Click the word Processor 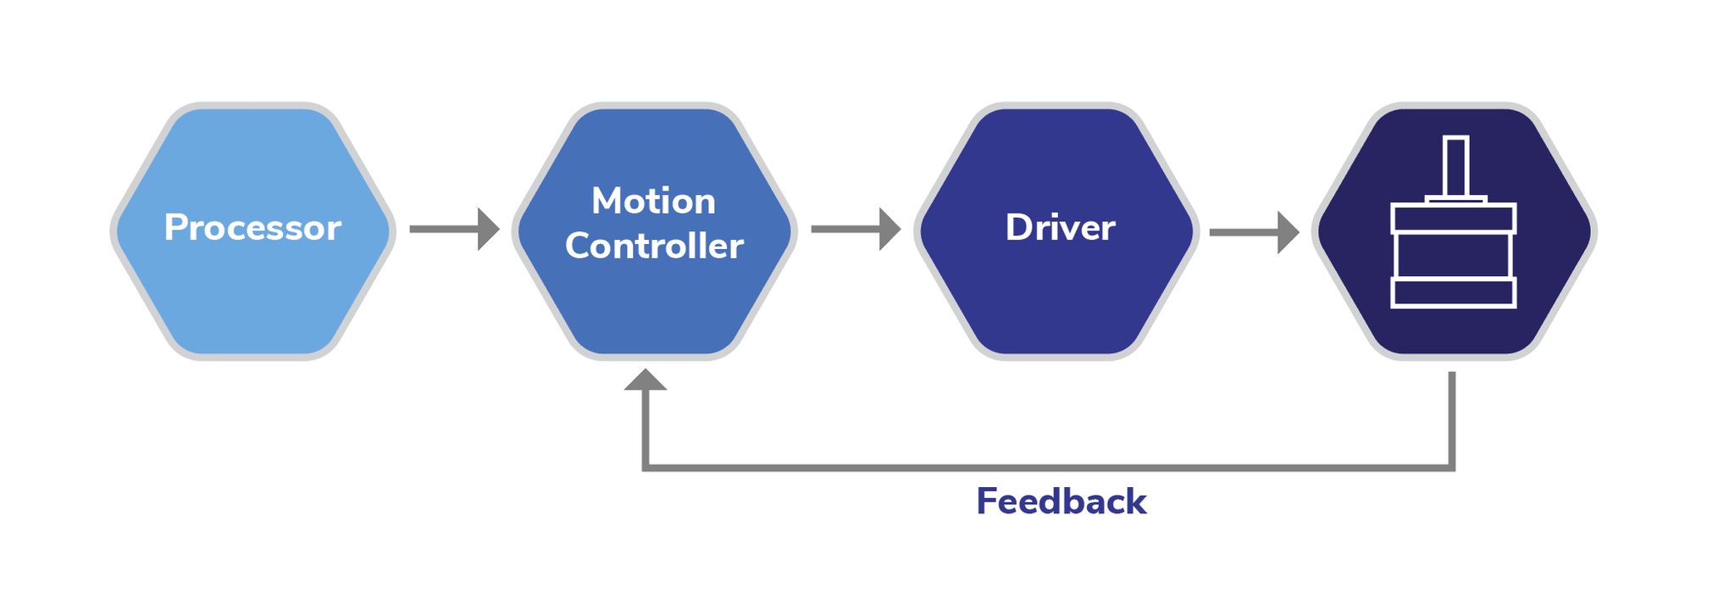(252, 228)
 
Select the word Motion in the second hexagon (653, 202)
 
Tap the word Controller (654, 247)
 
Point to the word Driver (1060, 228)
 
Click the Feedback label (1061, 501)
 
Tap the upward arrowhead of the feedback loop (646, 380)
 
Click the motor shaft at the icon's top (1455, 166)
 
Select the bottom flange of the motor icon (1454, 292)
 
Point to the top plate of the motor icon (1454, 219)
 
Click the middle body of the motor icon (1454, 255)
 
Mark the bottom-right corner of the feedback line (1451, 467)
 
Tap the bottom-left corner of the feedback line (646, 467)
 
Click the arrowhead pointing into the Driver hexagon (890, 229)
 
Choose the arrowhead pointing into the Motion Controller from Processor (488, 229)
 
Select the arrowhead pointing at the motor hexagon (1288, 232)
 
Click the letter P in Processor (175, 228)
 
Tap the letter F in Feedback (986, 501)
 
